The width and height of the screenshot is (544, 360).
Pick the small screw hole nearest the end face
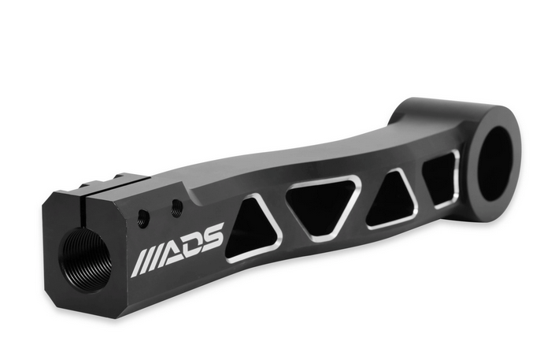[x=143, y=218]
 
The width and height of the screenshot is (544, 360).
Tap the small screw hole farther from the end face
[x=177, y=210]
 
